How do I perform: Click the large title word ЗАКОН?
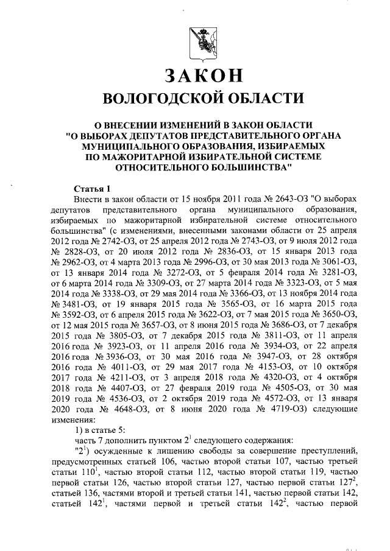(204, 77)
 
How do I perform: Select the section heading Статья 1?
(91, 188)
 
